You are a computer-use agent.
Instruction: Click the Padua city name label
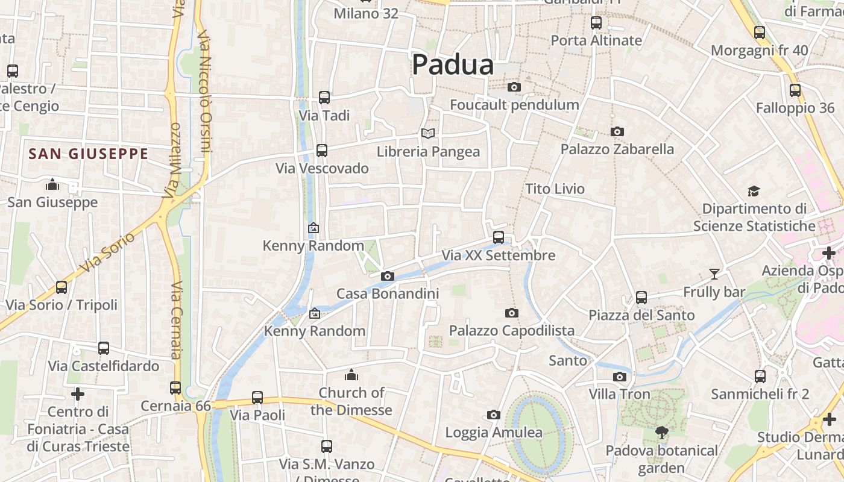453,64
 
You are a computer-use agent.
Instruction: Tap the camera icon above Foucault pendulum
514,87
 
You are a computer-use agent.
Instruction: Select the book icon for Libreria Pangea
428,133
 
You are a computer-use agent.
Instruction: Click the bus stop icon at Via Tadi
324,97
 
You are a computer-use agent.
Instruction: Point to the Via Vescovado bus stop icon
322,150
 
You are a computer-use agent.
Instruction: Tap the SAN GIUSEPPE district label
88,154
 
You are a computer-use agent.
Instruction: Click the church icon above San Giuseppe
52,184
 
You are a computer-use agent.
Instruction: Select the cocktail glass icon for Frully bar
714,274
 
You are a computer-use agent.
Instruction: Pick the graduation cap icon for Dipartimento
754,192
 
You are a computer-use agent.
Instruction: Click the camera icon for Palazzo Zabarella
617,131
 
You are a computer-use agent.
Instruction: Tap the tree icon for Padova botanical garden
662,432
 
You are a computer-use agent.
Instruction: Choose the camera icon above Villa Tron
619,377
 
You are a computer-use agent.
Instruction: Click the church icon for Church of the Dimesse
351,375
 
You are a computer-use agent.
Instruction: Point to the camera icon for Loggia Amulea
494,415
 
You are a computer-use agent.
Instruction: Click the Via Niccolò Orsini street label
205,90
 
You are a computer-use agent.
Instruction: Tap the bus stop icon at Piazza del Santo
641,297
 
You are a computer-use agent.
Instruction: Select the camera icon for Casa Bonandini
387,276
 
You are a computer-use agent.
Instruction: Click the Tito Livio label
555,189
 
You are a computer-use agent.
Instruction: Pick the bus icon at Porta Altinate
596,23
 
